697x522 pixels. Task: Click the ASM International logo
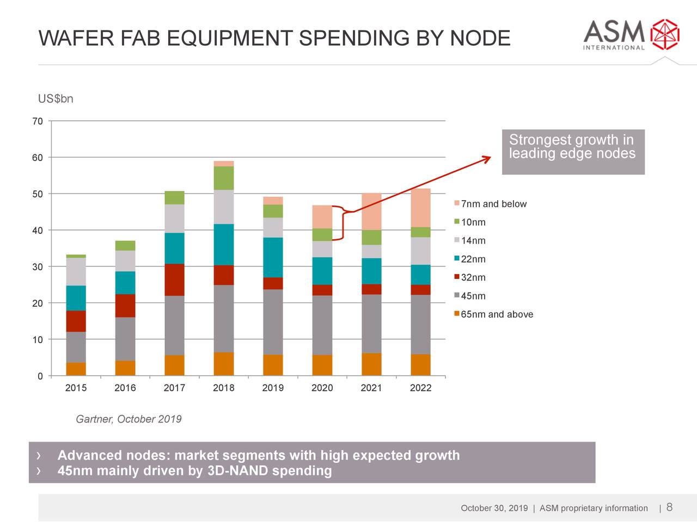(x=631, y=35)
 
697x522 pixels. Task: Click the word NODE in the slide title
(x=480, y=39)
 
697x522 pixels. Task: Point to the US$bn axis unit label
(x=55, y=99)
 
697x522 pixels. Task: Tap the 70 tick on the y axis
(x=37, y=121)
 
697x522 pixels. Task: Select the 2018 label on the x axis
(x=223, y=388)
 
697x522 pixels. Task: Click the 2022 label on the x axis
(x=420, y=388)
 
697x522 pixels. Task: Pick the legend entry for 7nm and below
(x=493, y=204)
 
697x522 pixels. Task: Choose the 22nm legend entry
(x=473, y=259)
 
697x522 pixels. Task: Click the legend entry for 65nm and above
(x=496, y=314)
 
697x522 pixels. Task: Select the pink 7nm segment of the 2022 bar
(x=420, y=208)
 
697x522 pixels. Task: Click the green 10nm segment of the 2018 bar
(x=223, y=178)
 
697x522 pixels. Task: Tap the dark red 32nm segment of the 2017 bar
(x=174, y=279)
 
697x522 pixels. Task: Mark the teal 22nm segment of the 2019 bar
(x=273, y=257)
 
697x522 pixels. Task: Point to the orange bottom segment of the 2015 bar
(x=76, y=369)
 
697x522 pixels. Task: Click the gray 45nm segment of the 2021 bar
(x=371, y=324)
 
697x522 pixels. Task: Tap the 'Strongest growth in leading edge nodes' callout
(x=573, y=152)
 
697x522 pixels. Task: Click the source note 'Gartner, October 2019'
(x=129, y=419)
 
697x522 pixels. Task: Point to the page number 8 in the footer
(x=669, y=507)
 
